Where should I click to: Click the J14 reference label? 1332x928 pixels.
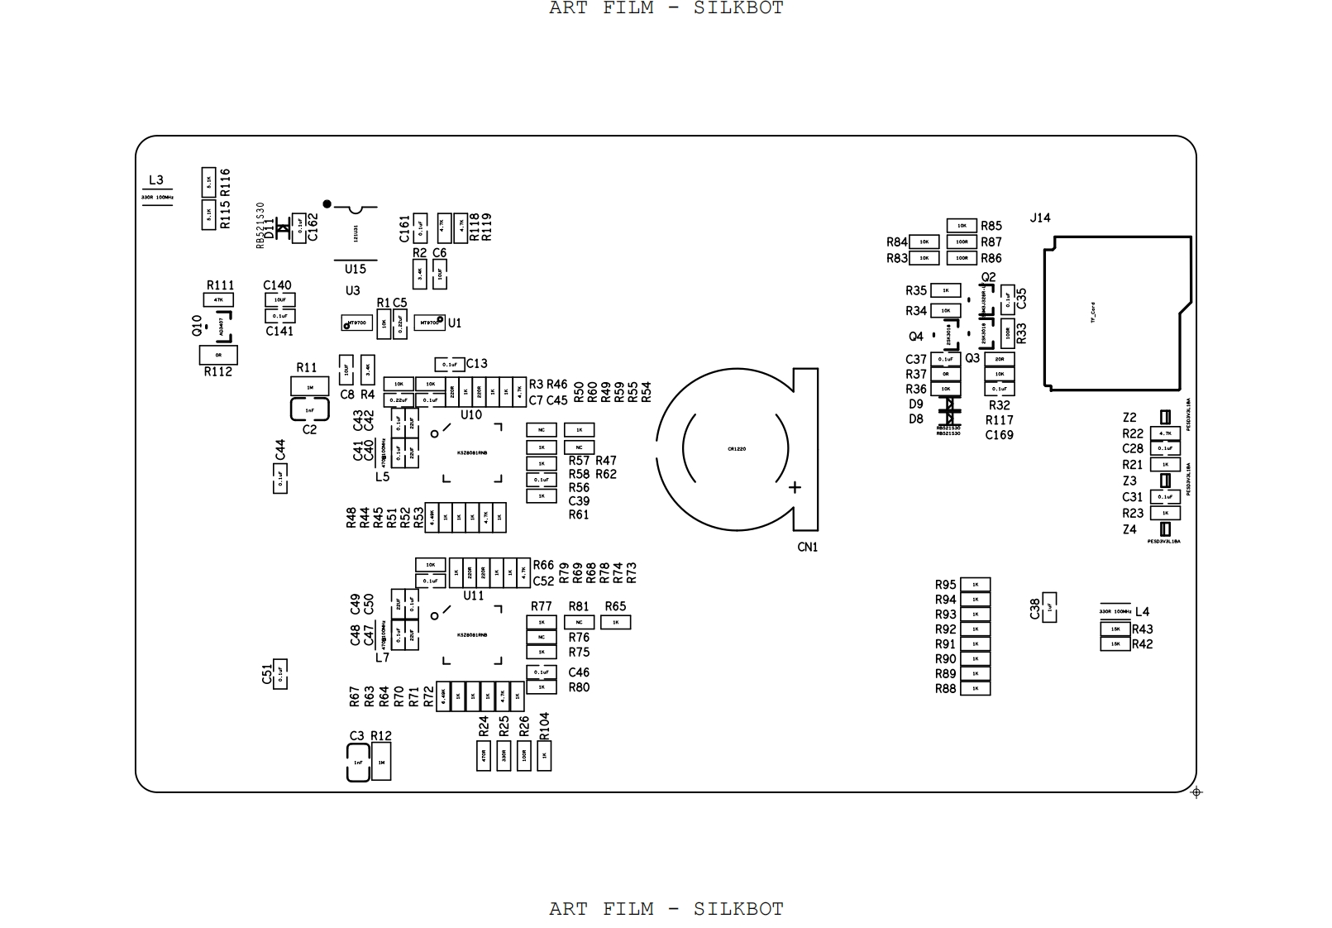pyautogui.click(x=1039, y=218)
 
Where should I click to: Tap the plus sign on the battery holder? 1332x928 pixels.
pyautogui.click(x=795, y=487)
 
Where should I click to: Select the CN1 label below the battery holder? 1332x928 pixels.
pyautogui.click(x=807, y=547)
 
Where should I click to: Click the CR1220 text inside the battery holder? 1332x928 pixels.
pyautogui.click(x=737, y=448)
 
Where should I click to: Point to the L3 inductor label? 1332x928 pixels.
pyautogui.click(x=155, y=179)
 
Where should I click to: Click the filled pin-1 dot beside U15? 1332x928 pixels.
pyautogui.click(x=327, y=203)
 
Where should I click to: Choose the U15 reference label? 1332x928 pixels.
pyautogui.click(x=355, y=269)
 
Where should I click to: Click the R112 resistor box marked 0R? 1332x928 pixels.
pyautogui.click(x=218, y=355)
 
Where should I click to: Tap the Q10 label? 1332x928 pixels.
pyautogui.click(x=197, y=325)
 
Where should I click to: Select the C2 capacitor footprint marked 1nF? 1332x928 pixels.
pyautogui.click(x=309, y=409)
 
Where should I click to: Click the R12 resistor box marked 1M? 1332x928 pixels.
pyautogui.click(x=381, y=763)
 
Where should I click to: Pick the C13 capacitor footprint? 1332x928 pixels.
pyautogui.click(x=449, y=364)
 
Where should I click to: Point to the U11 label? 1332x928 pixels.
pyautogui.click(x=473, y=596)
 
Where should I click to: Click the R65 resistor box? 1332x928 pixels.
pyautogui.click(x=615, y=622)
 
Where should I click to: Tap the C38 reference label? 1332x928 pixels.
pyautogui.click(x=1034, y=609)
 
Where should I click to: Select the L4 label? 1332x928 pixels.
pyautogui.click(x=1142, y=612)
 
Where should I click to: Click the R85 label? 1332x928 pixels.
pyautogui.click(x=991, y=226)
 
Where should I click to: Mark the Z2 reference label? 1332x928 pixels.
pyautogui.click(x=1129, y=418)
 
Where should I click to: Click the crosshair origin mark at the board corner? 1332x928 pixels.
pyautogui.click(x=1196, y=792)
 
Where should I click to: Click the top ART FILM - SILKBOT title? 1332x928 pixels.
pyautogui.click(x=666, y=8)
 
